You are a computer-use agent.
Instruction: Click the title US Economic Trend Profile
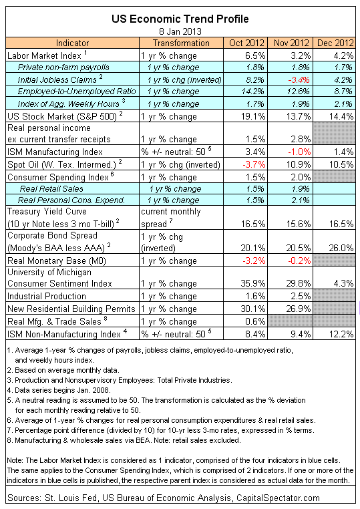180,19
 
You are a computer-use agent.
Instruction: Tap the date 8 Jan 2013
180,31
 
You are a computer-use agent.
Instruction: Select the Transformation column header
181,43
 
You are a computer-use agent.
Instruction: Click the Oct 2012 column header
246,43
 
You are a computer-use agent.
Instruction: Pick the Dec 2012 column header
335,43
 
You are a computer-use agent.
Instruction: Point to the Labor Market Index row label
45,56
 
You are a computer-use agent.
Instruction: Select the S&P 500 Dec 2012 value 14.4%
341,116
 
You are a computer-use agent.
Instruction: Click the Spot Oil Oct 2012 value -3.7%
254,164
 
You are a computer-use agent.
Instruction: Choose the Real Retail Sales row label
51,189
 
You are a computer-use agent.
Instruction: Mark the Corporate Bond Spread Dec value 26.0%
341,248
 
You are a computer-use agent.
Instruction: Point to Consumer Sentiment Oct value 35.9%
253,284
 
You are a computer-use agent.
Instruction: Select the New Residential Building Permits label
71,309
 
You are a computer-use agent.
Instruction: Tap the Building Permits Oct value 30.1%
253,309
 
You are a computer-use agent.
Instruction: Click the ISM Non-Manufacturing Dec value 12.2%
341,335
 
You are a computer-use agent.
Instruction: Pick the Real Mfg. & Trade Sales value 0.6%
256,322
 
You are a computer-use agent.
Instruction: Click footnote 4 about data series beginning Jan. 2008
59,390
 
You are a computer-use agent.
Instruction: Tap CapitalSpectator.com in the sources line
278,498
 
